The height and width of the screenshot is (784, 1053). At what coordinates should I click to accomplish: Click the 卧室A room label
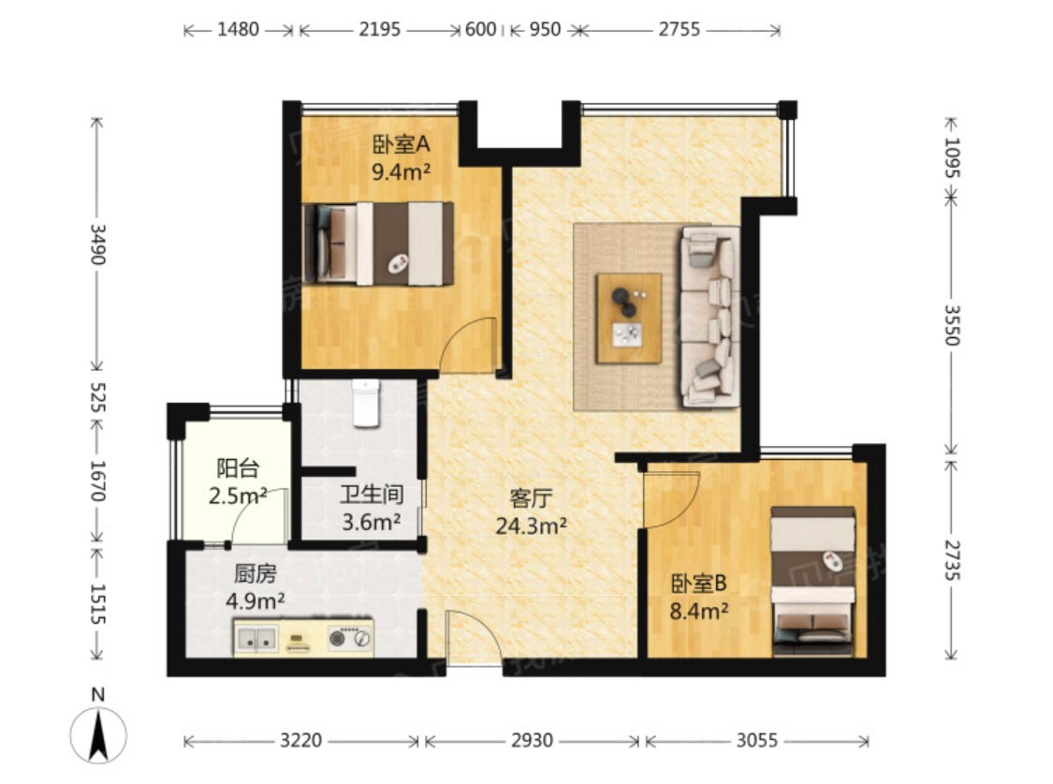pyautogui.click(x=401, y=144)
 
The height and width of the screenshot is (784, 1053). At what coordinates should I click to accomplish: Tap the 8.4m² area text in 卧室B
pyautogui.click(x=699, y=611)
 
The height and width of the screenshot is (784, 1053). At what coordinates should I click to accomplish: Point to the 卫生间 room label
pyautogui.click(x=372, y=495)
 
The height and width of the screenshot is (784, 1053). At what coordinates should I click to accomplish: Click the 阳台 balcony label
pyautogui.click(x=238, y=468)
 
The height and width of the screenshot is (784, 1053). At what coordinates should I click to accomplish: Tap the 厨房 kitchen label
pyautogui.click(x=256, y=574)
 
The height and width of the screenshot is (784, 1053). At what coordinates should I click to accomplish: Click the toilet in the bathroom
pyautogui.click(x=366, y=403)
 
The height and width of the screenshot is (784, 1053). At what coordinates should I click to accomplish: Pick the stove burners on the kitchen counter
pyautogui.click(x=350, y=638)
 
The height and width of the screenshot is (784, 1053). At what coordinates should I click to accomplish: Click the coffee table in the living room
pyautogui.click(x=629, y=318)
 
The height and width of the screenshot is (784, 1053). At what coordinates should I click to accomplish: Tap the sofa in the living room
pyautogui.click(x=709, y=317)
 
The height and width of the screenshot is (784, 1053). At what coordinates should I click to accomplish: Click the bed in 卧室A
pyautogui.click(x=378, y=244)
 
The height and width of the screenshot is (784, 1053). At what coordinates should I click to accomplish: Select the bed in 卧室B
pyautogui.click(x=812, y=582)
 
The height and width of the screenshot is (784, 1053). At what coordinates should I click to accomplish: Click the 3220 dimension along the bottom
pyautogui.click(x=300, y=740)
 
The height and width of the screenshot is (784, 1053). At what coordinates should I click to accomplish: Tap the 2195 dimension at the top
pyautogui.click(x=379, y=30)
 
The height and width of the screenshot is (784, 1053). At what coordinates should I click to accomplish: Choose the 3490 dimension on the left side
pyautogui.click(x=98, y=244)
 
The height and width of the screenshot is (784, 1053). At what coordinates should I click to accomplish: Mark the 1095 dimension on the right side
pyautogui.click(x=952, y=157)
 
